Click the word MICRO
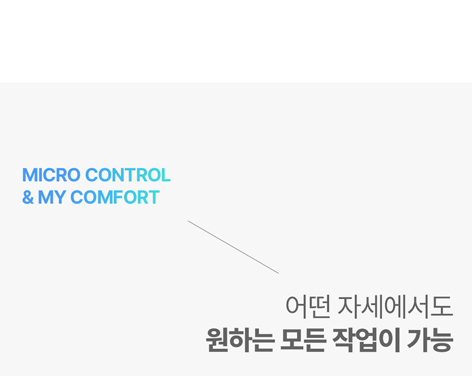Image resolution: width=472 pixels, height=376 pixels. pyautogui.click(x=52, y=175)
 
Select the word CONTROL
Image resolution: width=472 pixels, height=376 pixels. pyautogui.click(x=128, y=175)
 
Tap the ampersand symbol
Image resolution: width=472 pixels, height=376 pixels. pyautogui.click(x=28, y=197)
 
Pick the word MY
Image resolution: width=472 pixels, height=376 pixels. pyautogui.click(x=52, y=197)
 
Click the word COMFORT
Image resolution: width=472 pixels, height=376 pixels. pyautogui.click(x=115, y=197)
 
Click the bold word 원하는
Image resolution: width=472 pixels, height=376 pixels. pyautogui.click(x=240, y=340)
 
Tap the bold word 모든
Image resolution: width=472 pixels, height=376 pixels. pyautogui.click(x=303, y=340)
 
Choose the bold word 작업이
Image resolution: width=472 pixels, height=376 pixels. pyautogui.click(x=366, y=340)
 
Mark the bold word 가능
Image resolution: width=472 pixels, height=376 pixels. pyautogui.click(x=430, y=340)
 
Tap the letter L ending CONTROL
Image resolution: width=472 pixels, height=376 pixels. pyautogui.click(x=166, y=175)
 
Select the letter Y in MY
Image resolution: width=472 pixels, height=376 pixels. pyautogui.click(x=60, y=197)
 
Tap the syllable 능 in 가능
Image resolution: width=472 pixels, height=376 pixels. pyautogui.click(x=442, y=340)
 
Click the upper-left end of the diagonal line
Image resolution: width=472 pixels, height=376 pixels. pyautogui.click(x=188, y=221)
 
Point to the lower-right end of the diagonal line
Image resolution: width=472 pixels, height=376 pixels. pyautogui.click(x=279, y=273)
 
